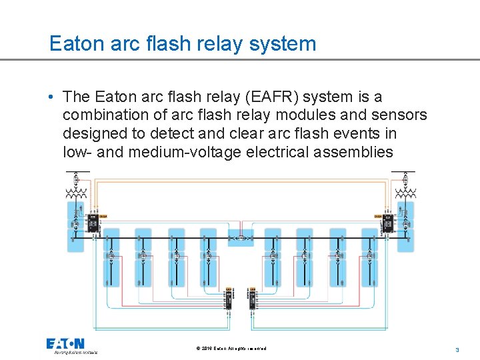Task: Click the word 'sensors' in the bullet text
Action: click(398, 115)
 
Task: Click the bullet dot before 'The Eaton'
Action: click(51, 98)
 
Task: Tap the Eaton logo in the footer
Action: click(65, 344)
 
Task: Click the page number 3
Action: click(457, 349)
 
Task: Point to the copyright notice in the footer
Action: click(231, 349)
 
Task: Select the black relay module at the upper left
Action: click(93, 222)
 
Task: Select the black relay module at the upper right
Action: click(387, 222)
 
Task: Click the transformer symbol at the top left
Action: click(76, 194)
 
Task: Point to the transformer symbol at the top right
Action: click(404, 194)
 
